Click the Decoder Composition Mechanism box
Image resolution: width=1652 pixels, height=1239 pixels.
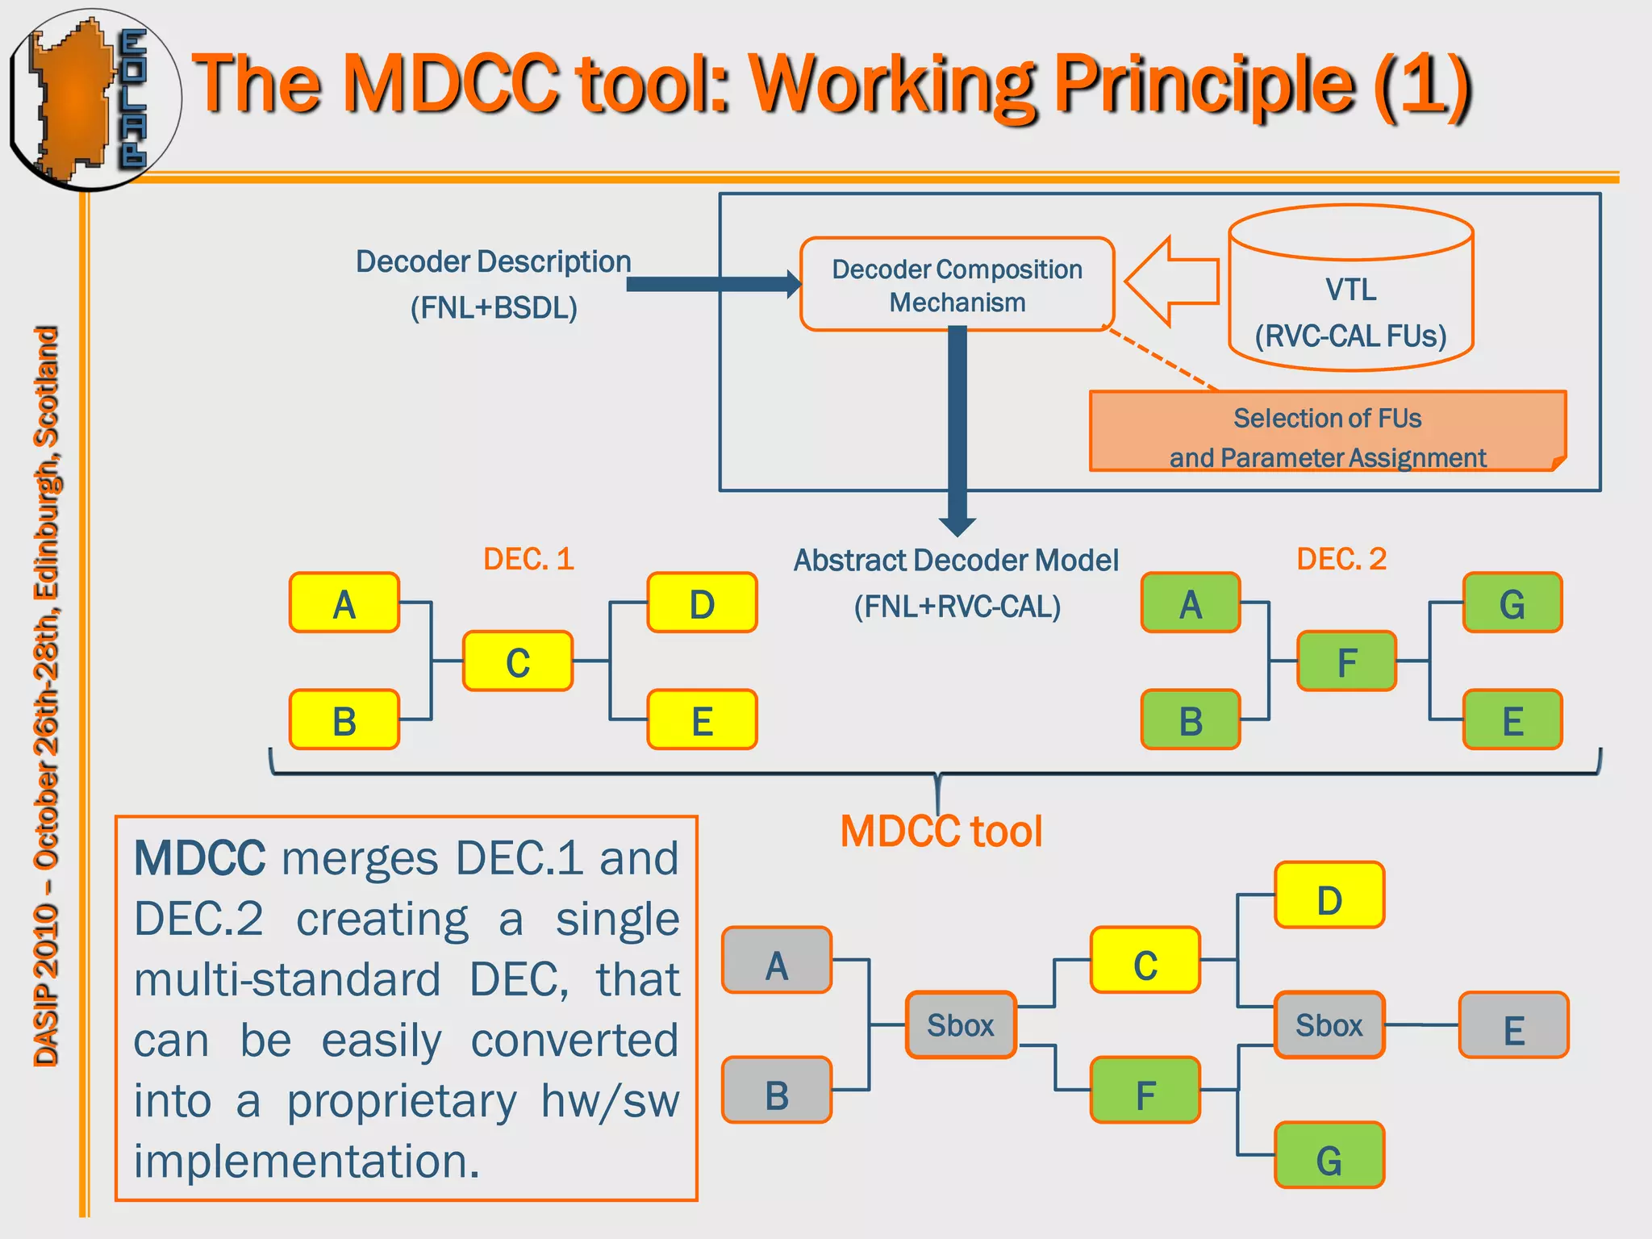(957, 284)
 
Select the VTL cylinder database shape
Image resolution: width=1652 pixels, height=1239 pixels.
(1351, 289)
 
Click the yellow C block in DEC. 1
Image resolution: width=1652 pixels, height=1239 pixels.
(518, 661)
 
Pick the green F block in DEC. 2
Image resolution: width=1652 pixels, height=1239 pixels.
(1346, 661)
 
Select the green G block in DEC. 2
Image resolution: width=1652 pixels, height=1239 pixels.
(1512, 603)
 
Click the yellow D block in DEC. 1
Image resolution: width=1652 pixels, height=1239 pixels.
(702, 603)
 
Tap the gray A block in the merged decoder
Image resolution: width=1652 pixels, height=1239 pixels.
(777, 960)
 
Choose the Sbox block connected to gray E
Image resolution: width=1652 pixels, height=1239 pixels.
(1329, 1024)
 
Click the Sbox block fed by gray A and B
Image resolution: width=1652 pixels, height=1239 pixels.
(960, 1024)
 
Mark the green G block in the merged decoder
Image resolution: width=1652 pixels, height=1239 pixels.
(1329, 1155)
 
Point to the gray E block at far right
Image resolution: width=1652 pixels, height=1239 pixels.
(1513, 1026)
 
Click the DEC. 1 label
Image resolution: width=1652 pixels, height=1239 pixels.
(528, 559)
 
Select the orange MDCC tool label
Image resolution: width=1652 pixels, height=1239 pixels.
(941, 831)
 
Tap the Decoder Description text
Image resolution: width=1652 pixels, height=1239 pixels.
(494, 262)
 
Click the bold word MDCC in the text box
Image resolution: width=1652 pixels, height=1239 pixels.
(199, 858)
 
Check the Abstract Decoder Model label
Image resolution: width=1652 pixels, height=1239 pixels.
(956, 561)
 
